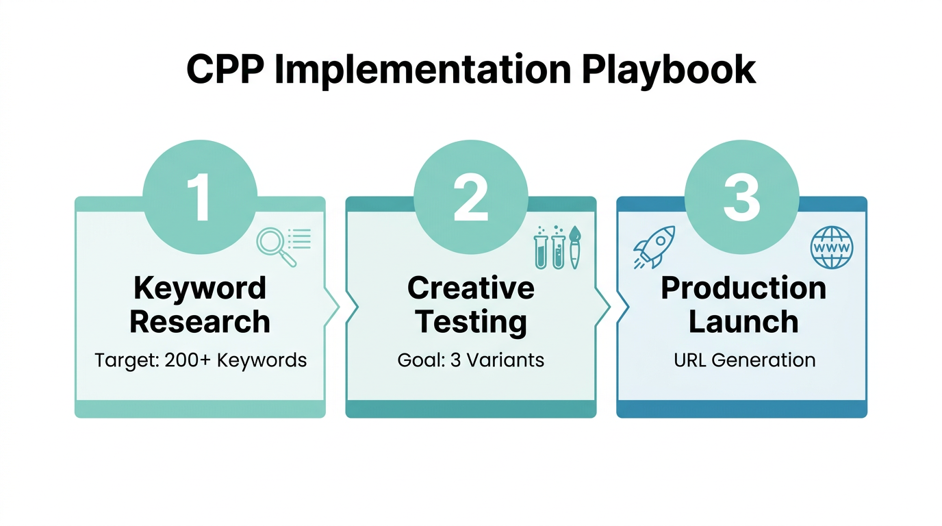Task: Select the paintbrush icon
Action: pos(574,248)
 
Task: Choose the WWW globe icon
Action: pos(832,247)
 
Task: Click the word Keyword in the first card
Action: pos(200,288)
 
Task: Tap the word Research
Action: pos(200,322)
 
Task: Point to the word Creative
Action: pos(471,288)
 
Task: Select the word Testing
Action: pos(471,322)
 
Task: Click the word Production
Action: pos(743,289)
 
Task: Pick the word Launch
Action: pos(743,322)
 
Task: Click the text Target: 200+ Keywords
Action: pos(201,360)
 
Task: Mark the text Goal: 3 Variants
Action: pos(471,360)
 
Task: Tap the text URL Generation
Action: pos(744,360)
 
